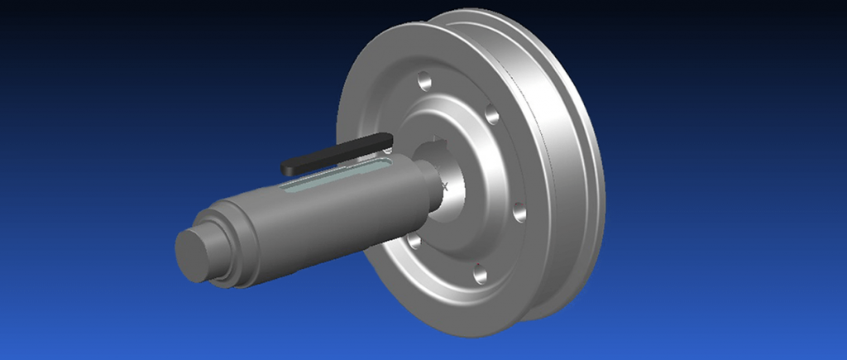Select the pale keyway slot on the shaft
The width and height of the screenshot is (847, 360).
tap(331, 178)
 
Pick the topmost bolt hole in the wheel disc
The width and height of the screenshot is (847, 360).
tap(424, 82)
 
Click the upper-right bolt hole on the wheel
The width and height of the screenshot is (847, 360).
tap(491, 115)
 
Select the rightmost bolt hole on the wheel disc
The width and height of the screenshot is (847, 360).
tap(519, 212)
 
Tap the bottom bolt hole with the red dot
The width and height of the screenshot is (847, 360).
tap(481, 274)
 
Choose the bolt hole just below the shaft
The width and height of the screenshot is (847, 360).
tap(414, 242)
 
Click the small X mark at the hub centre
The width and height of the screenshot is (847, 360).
tap(444, 186)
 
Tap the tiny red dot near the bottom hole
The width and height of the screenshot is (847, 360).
tap(478, 264)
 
